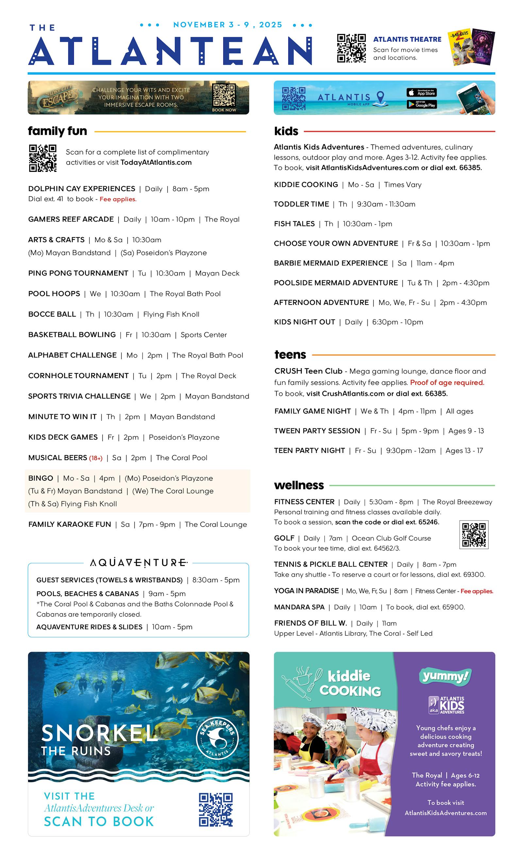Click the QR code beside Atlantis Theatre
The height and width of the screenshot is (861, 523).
[351, 48]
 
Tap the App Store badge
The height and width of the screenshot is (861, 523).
[421, 92]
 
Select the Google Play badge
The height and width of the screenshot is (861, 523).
[421, 105]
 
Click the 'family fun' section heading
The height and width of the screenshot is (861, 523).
[57, 131]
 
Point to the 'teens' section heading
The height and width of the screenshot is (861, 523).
[290, 355]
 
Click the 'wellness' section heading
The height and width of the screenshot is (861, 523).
[299, 485]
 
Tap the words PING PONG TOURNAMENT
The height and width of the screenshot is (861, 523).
[78, 273]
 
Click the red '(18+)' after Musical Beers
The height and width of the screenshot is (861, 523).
[96, 458]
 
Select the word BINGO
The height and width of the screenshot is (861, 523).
[41, 478]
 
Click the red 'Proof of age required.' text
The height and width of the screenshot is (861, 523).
[447, 383]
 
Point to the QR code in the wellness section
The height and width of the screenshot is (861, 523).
[474, 534]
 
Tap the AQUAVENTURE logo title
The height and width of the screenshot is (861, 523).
[139, 563]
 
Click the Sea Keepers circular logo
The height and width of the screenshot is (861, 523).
[217, 739]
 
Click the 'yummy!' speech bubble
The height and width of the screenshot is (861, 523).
[445, 677]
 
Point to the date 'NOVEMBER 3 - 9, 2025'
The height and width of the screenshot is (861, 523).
[228, 25]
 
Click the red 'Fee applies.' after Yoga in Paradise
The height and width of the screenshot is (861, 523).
[477, 591]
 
